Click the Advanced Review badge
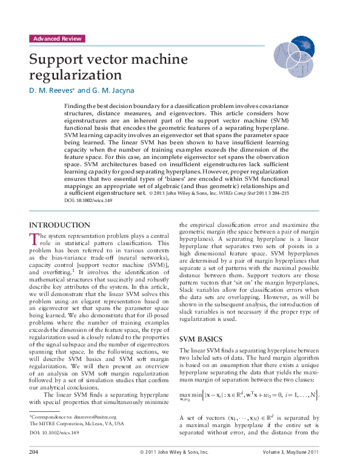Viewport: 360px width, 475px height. tap(56, 38)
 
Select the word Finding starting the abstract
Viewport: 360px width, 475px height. tap(75, 106)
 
